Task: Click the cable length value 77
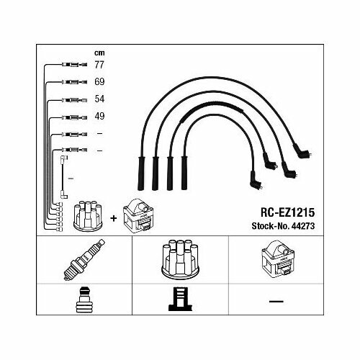click(99, 65)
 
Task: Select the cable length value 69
click(99, 81)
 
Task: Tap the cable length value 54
click(99, 99)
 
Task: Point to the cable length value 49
click(99, 116)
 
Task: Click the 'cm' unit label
click(99, 53)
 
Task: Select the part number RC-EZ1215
click(287, 212)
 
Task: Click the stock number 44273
click(303, 226)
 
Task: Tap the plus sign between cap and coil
click(113, 218)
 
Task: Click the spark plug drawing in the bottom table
click(84, 259)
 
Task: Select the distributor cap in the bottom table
click(180, 259)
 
